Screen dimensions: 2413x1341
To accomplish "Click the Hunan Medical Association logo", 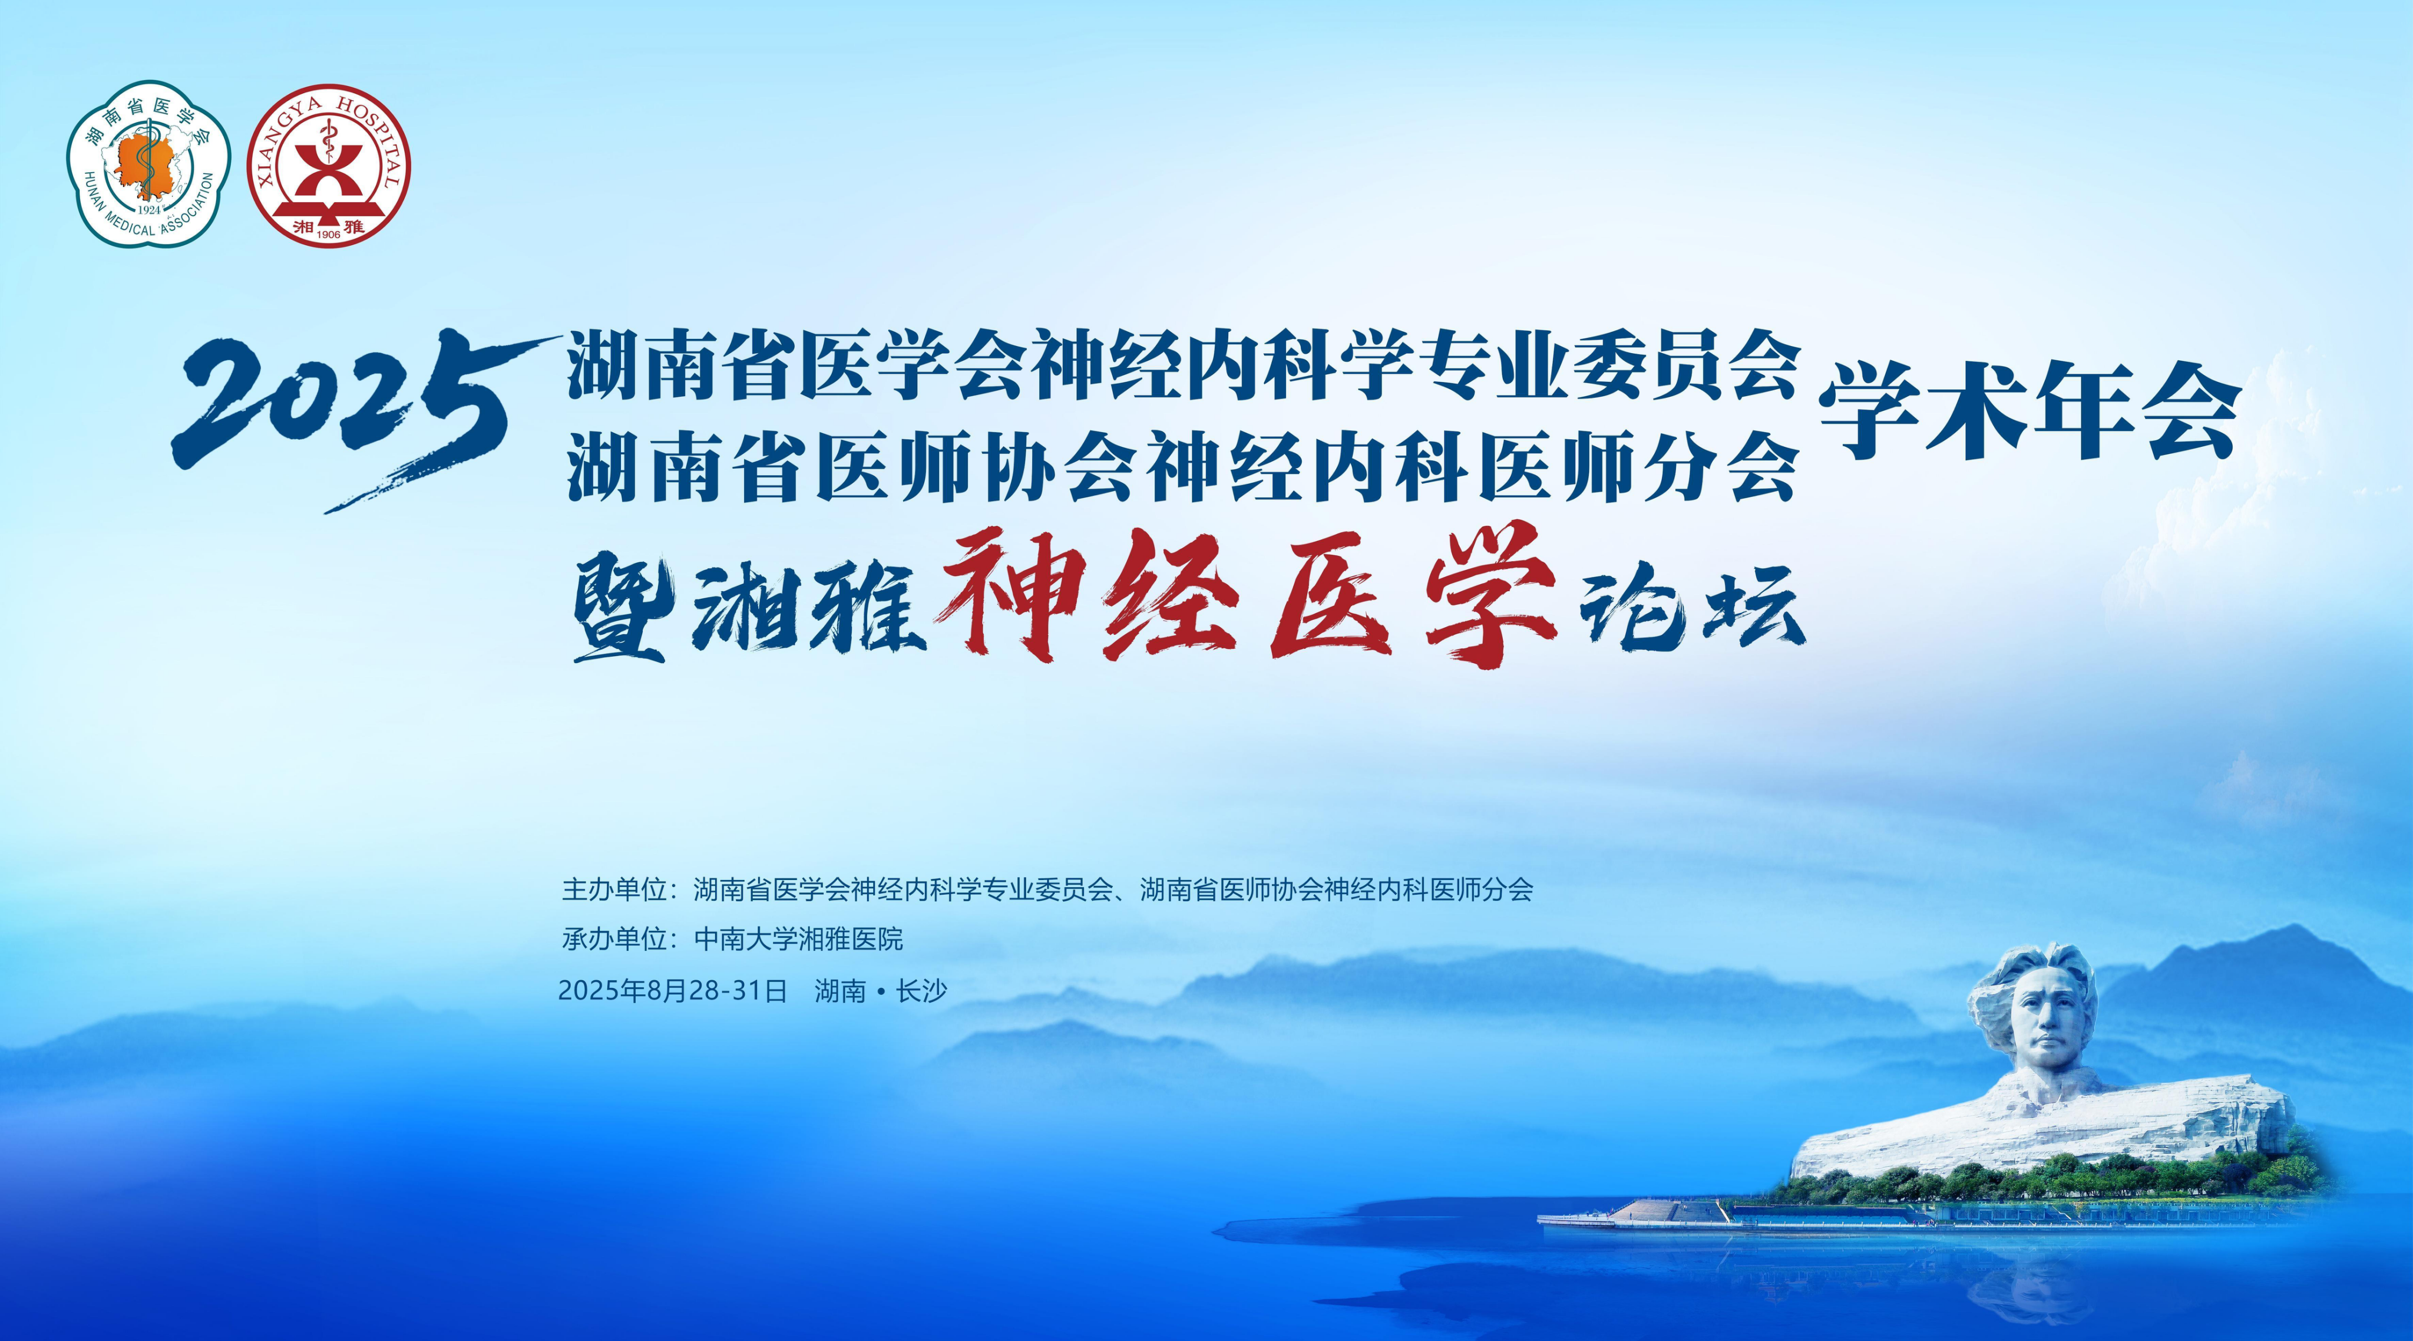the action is tap(148, 164).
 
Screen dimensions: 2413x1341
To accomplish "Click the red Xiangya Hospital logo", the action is tap(329, 166).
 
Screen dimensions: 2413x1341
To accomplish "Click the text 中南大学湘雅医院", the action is tap(798, 939).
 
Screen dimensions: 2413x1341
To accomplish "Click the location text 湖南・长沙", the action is tap(881, 990).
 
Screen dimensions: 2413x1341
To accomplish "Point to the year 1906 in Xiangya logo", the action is tap(329, 234).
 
